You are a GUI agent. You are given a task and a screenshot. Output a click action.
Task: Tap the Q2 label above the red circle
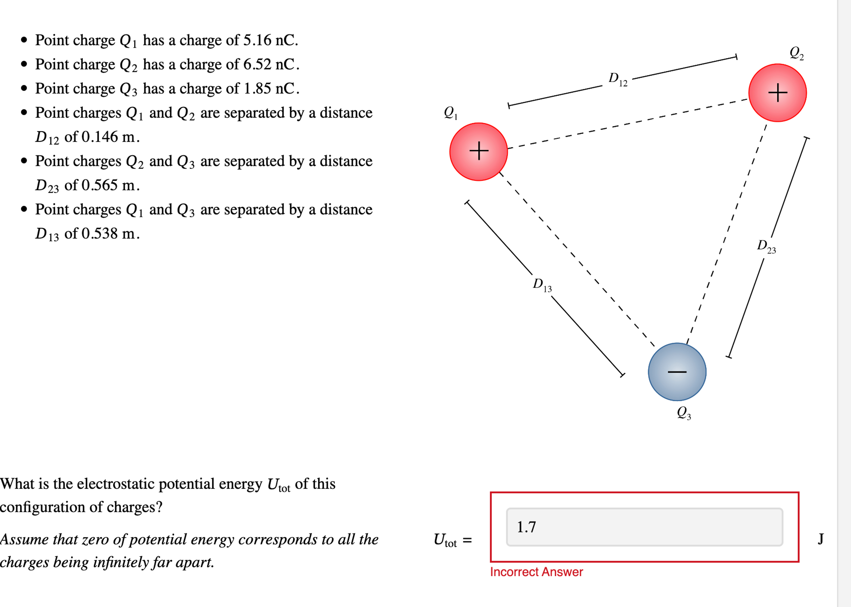point(796,53)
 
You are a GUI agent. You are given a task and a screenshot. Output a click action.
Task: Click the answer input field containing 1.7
point(644,527)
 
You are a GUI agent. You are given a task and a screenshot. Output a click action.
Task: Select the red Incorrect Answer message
point(536,572)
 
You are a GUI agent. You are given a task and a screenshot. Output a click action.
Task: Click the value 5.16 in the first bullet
point(257,40)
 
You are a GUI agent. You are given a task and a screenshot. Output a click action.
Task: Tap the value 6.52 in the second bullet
point(257,64)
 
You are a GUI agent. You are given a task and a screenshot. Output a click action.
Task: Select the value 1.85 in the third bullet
point(257,89)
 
